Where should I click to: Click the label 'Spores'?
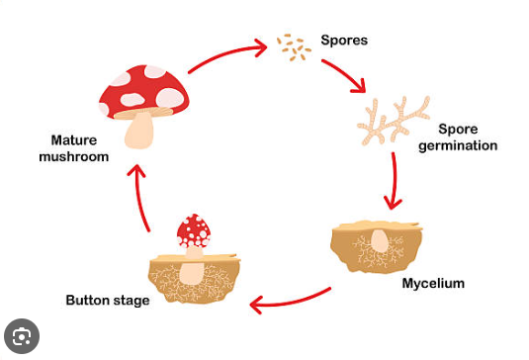tap(345, 42)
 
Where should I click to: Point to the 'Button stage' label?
tap(108, 300)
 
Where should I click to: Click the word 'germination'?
tap(464, 145)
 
